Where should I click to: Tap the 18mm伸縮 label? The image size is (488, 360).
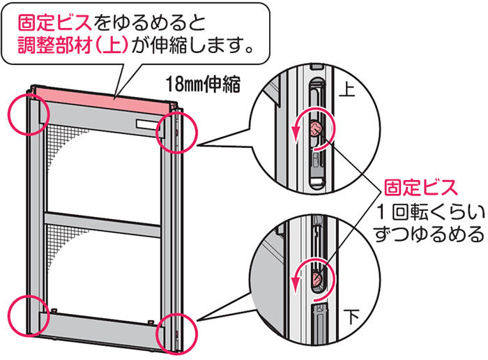(203, 86)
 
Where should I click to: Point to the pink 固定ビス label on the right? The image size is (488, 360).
(422, 188)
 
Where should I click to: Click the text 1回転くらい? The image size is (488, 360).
(427, 211)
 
